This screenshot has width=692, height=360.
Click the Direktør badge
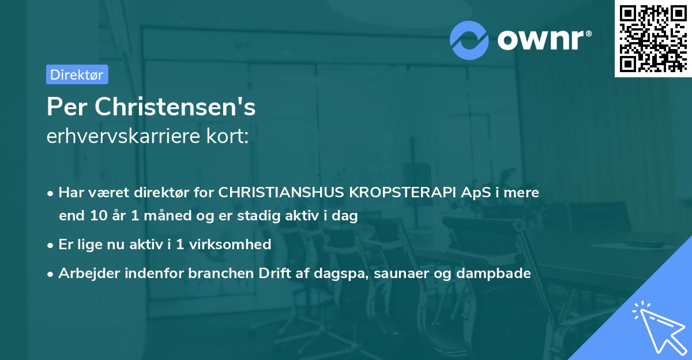[x=77, y=74]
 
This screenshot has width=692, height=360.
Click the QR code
[x=653, y=38]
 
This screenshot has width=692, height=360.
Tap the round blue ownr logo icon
[x=469, y=40]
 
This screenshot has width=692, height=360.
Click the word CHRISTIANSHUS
[x=280, y=193]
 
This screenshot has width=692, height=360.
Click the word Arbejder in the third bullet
[x=86, y=273]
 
